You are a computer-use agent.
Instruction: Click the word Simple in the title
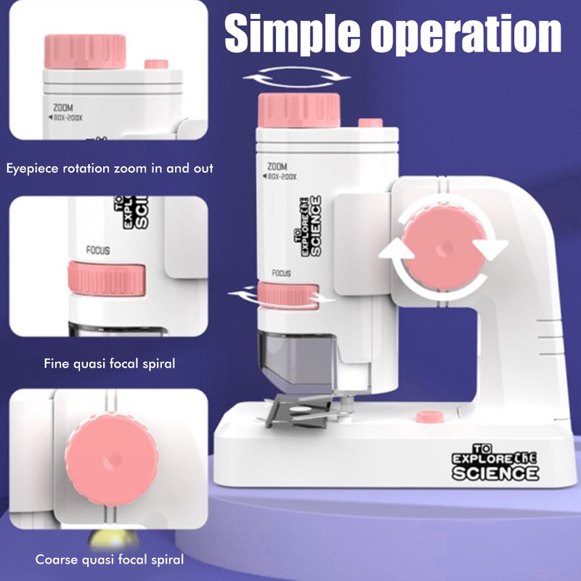[x=292, y=33]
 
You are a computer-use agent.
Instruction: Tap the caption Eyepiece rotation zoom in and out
[x=110, y=168]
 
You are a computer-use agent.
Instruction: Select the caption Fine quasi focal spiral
[x=110, y=364]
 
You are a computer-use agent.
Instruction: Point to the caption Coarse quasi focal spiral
[x=110, y=559]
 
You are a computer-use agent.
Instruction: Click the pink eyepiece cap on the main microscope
[x=299, y=110]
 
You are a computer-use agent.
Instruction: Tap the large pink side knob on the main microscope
[x=444, y=247]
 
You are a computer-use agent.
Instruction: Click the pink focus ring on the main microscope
[x=288, y=296]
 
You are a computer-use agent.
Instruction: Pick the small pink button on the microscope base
[x=430, y=416]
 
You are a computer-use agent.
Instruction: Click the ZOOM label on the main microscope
[x=277, y=166]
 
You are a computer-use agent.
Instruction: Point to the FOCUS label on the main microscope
[x=281, y=274]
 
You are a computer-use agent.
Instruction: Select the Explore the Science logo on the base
[x=495, y=462]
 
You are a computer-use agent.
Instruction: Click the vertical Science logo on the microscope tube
[x=308, y=226]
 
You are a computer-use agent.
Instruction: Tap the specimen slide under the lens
[x=299, y=410]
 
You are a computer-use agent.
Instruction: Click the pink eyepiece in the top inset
[x=85, y=52]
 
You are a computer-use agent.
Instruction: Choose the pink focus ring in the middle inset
[x=107, y=278]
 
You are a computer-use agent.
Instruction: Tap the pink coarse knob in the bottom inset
[x=112, y=460]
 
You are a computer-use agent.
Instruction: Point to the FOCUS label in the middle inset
[x=98, y=251]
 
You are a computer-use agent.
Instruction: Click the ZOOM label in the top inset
[x=63, y=107]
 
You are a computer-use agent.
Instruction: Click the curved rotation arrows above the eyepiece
[x=296, y=78]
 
